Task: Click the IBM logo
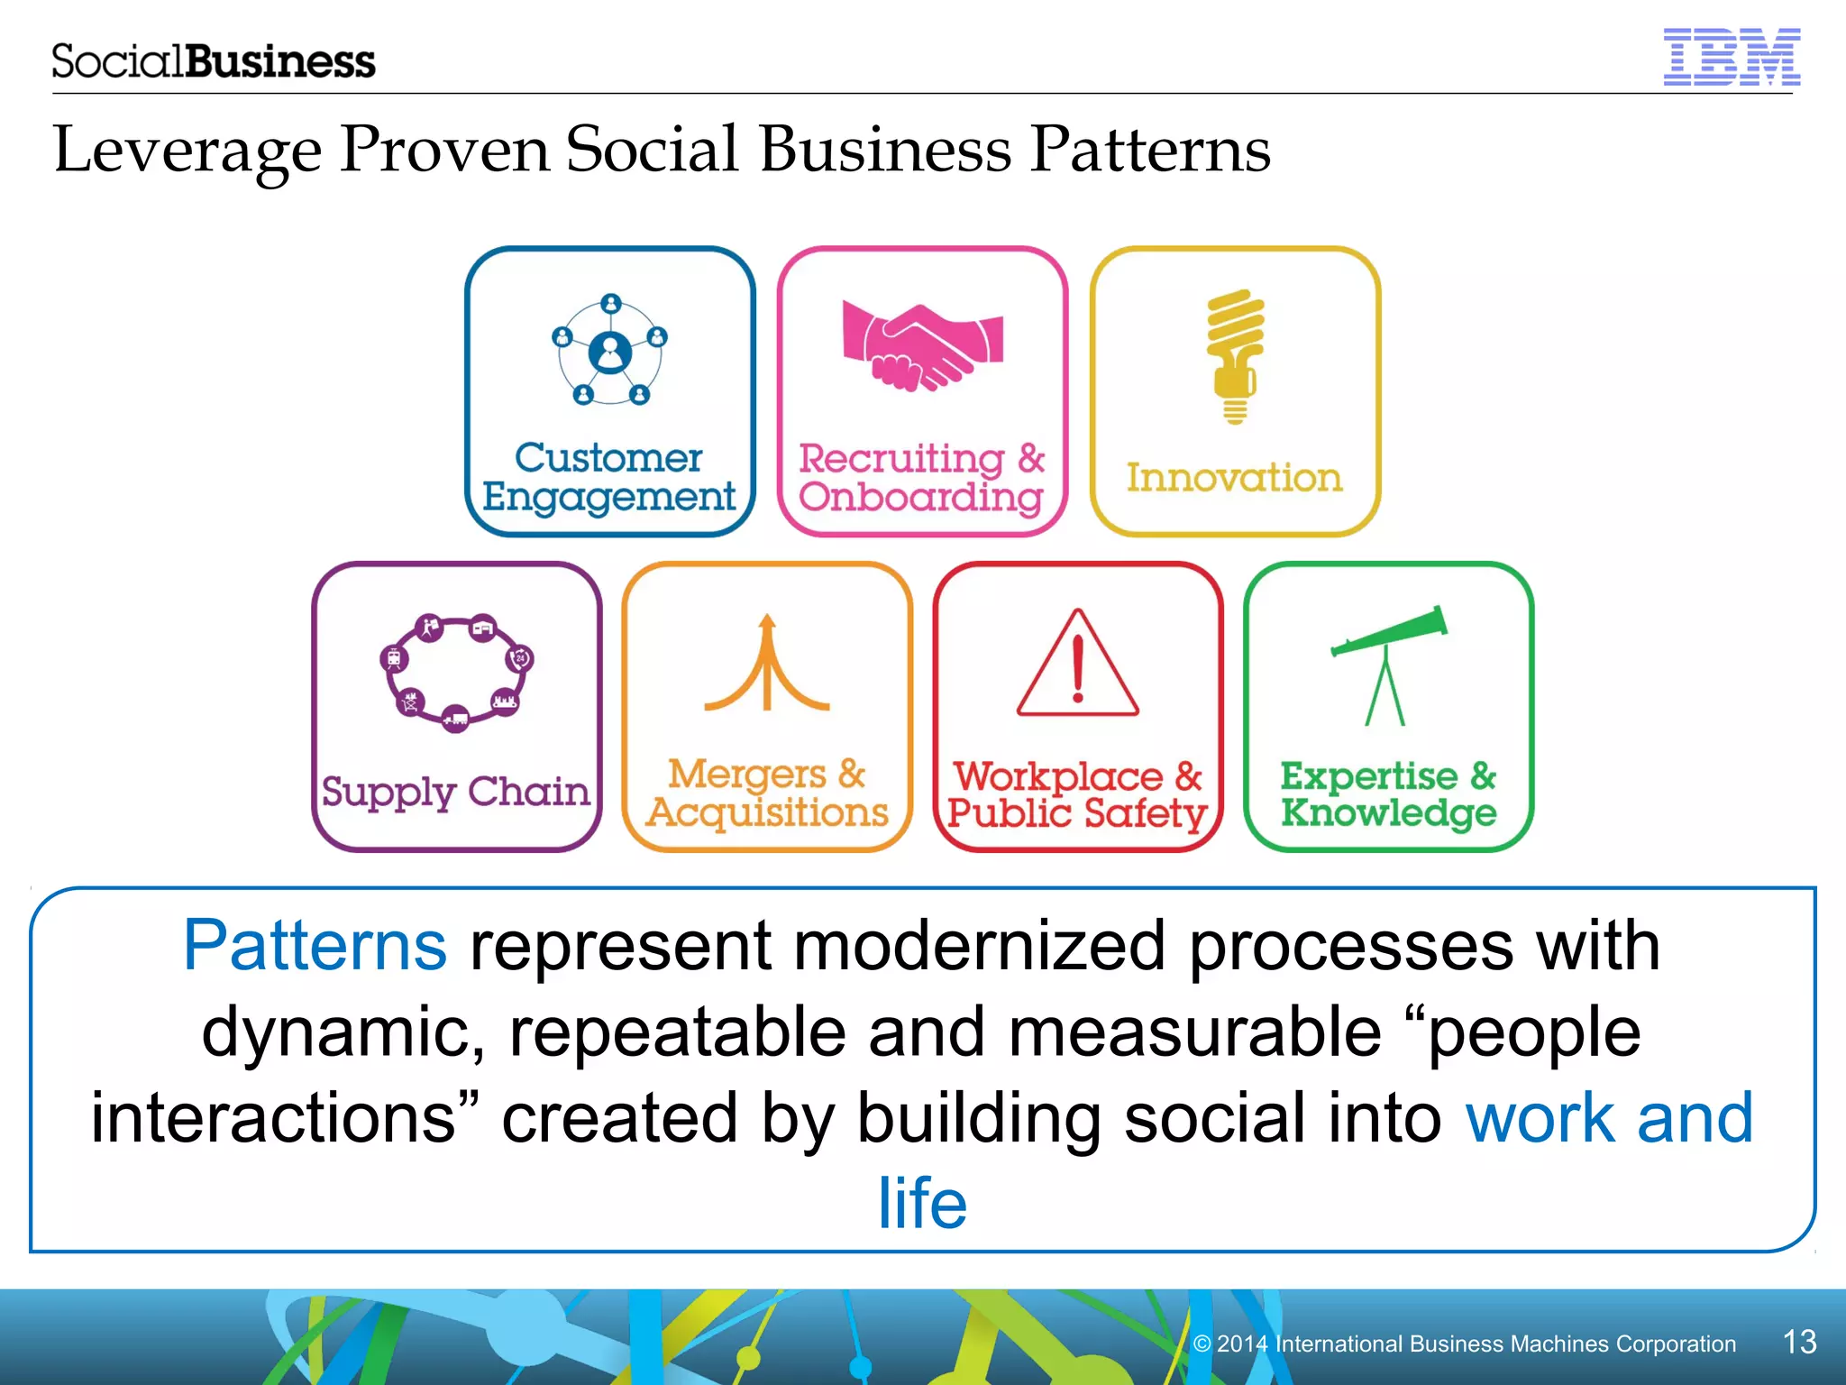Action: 1731,57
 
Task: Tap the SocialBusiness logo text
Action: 213,61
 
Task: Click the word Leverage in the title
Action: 187,150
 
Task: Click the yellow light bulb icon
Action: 1235,356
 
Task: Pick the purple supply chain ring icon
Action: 457,672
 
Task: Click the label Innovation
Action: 1234,477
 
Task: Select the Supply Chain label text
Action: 456,792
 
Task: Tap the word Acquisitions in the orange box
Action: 768,813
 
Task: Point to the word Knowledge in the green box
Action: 1389,812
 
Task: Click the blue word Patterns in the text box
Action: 315,945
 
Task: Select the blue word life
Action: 922,1203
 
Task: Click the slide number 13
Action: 1799,1342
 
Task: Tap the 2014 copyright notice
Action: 1464,1344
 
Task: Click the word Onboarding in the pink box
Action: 921,498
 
